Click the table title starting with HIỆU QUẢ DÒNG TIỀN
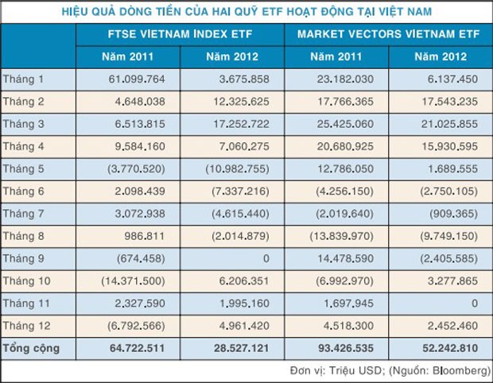[246, 11]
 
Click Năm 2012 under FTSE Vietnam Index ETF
[232, 58]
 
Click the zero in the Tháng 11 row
[472, 303]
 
